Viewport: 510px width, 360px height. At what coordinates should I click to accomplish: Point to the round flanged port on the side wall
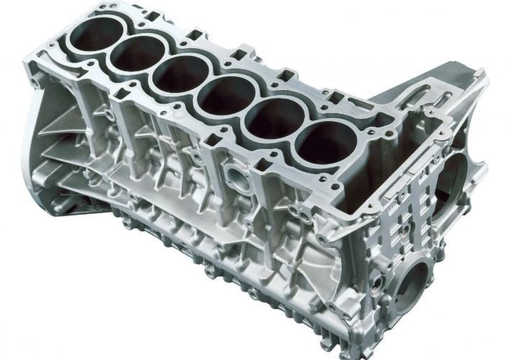(x=238, y=177)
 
